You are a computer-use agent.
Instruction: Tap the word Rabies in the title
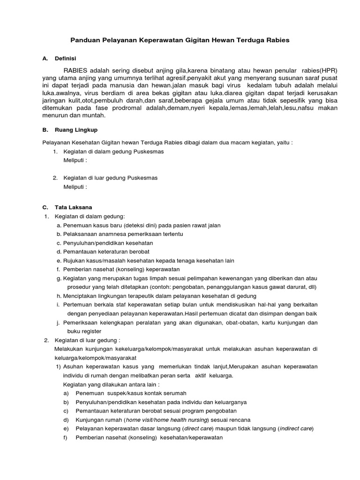(x=277, y=40)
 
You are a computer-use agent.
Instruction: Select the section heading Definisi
(x=66, y=59)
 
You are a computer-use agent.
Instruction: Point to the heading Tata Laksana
(x=75, y=207)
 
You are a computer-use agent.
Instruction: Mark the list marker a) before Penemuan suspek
(x=66, y=393)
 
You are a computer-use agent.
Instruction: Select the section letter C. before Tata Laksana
(x=45, y=207)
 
